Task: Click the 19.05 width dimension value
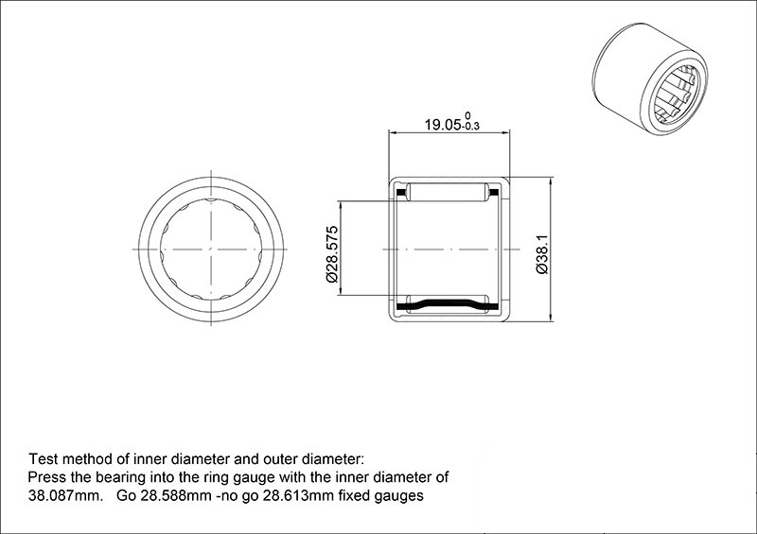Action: click(443, 125)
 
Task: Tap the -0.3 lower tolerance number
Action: click(470, 127)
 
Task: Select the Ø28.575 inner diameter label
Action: click(332, 254)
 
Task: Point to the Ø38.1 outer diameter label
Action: click(542, 254)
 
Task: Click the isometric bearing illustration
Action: click(650, 78)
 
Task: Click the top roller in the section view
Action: click(448, 192)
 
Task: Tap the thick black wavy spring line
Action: click(448, 305)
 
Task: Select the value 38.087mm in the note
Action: click(65, 496)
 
